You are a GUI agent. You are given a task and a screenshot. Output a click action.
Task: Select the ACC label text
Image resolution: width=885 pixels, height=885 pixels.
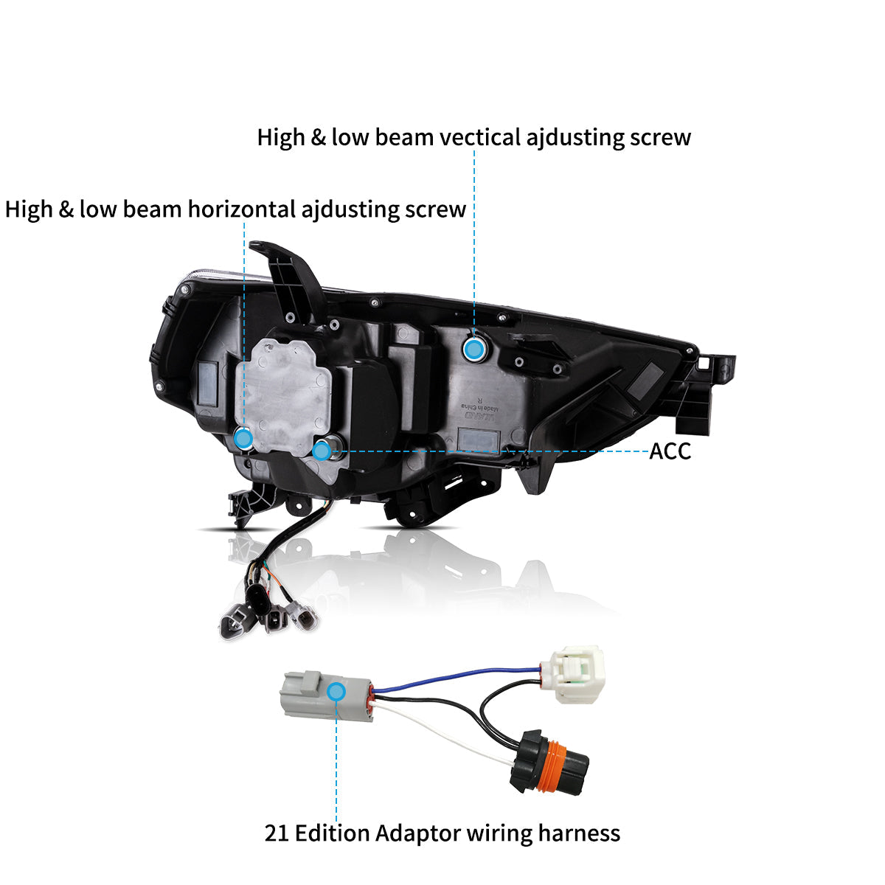(x=670, y=451)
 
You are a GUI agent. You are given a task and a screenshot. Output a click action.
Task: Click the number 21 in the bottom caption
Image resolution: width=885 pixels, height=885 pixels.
(x=276, y=833)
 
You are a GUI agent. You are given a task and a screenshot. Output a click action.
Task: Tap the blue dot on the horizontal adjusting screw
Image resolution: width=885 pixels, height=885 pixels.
(x=243, y=439)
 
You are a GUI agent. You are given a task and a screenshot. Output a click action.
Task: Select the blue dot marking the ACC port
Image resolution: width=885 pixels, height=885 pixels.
(x=322, y=451)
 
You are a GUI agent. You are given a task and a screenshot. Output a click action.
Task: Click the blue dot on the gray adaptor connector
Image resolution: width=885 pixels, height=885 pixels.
(x=336, y=691)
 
